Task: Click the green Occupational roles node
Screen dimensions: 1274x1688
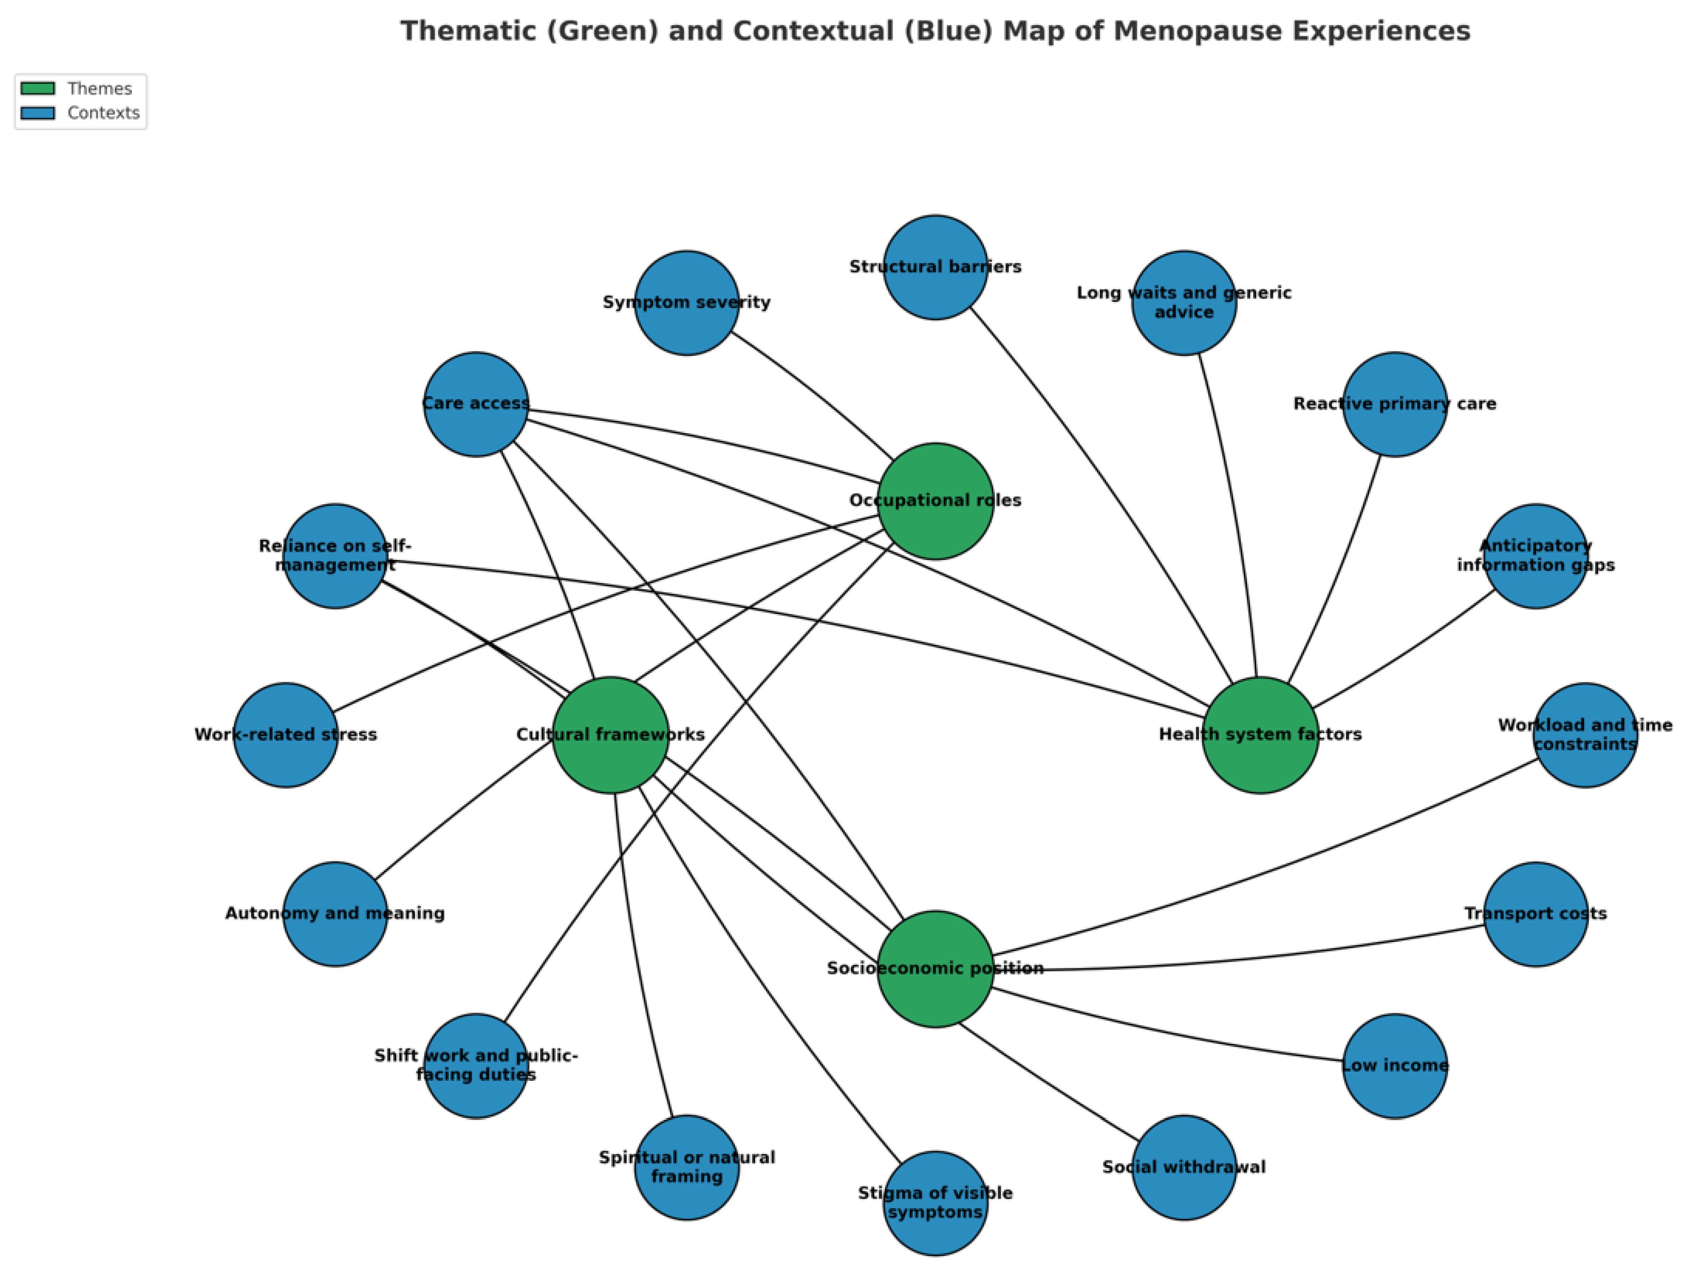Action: tap(935, 501)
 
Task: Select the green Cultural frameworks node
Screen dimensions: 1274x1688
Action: tap(610, 735)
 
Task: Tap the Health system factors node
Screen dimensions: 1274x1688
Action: tap(1260, 735)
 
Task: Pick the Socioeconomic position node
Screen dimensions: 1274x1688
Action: tap(935, 969)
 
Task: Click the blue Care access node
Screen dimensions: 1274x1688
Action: tap(476, 404)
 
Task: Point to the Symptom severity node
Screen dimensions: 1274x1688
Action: tap(687, 303)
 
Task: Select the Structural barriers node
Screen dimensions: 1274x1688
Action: tap(935, 267)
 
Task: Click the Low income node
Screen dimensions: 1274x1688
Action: tap(1395, 1066)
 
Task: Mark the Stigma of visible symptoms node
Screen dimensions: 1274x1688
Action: tap(935, 1203)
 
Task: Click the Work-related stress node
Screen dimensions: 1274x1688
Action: tap(285, 735)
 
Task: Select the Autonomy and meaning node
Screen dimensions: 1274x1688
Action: tap(335, 914)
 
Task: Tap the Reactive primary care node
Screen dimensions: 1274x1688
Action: tap(1395, 404)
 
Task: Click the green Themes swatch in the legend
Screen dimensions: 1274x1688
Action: tap(37, 89)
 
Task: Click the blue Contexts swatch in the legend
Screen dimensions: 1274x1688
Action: tap(37, 113)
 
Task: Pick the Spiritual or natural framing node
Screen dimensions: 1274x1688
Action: tap(687, 1167)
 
